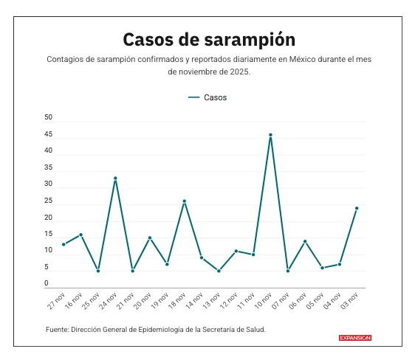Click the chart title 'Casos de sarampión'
(x=209, y=39)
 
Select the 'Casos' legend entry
(x=207, y=97)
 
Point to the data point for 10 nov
(x=271, y=135)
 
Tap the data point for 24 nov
(x=115, y=178)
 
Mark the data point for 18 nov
(x=185, y=201)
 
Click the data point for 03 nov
(x=357, y=208)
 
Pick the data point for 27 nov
(x=64, y=244)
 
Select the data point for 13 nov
(x=219, y=271)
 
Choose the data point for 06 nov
(x=305, y=241)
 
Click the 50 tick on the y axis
(x=49, y=118)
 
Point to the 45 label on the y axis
(x=49, y=135)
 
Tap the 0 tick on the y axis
(x=47, y=284)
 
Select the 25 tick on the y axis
(x=49, y=201)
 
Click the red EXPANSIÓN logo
(x=354, y=338)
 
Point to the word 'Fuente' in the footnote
(x=57, y=329)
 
